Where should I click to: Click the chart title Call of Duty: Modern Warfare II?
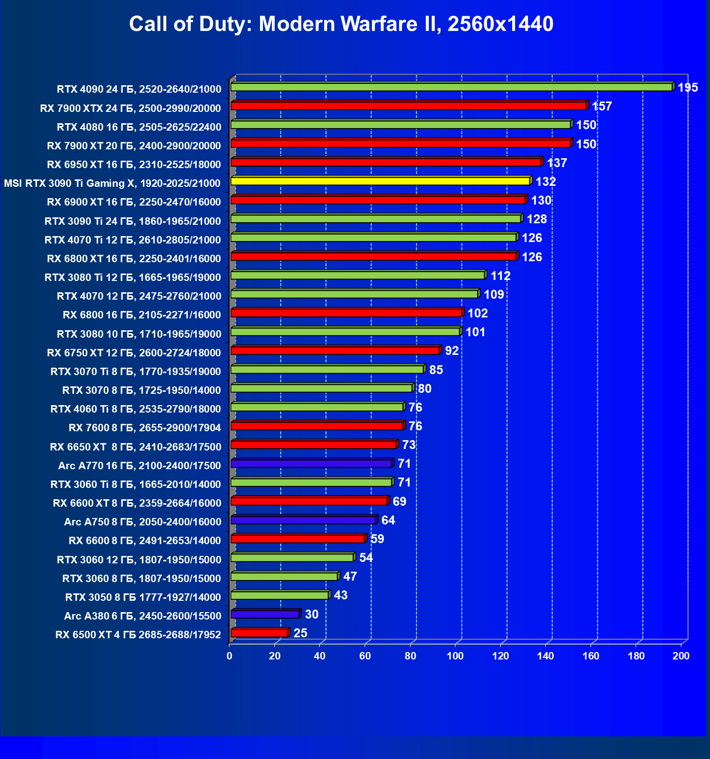coord(341,24)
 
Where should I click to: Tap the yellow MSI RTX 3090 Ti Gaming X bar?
coord(380,181)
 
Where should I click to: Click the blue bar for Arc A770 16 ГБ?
coord(311,464)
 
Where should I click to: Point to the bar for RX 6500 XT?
coord(259,633)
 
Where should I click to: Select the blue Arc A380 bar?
coord(265,614)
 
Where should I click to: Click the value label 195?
coord(687,88)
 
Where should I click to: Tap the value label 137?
coord(557,163)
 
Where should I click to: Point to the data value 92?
coord(451,350)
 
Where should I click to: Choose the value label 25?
coord(300,633)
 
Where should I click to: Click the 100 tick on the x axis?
coord(455,656)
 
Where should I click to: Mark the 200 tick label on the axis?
coord(681,656)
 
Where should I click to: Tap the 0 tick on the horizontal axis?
coord(229,656)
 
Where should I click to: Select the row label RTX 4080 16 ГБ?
coord(139,127)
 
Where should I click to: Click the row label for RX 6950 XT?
coord(134,165)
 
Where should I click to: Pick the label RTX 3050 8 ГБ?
coord(143,597)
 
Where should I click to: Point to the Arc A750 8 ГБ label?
coord(142,522)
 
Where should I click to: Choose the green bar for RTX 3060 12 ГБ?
coord(292,558)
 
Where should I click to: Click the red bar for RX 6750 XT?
coord(335,351)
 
